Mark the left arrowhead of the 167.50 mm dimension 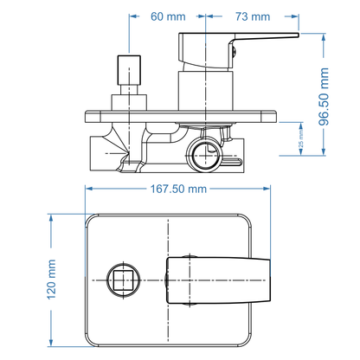(x=89, y=189)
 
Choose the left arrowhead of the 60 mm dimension (x=134, y=16)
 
